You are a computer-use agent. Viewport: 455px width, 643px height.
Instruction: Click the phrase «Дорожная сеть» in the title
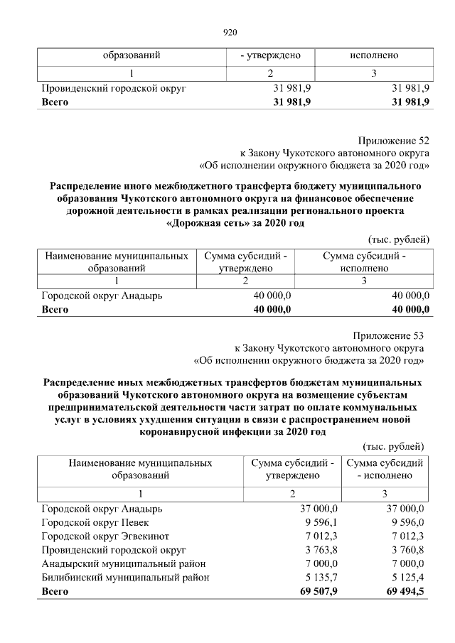pos(207,223)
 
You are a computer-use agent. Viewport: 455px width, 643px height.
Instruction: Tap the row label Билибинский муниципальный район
pos(125,578)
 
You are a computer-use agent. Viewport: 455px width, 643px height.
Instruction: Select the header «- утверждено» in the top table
pos(270,55)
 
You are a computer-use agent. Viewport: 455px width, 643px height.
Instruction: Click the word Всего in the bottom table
pos(55,591)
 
